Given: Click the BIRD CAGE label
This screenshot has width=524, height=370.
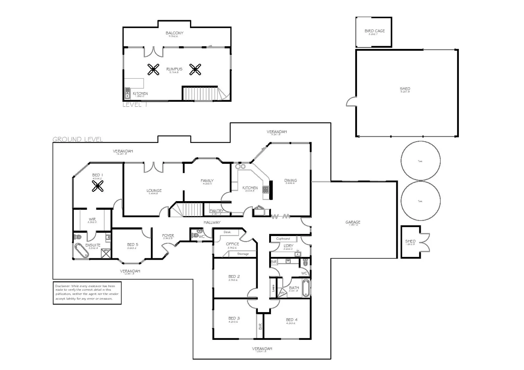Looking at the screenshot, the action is (374, 31).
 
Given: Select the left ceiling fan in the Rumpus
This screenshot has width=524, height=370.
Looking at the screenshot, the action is (153, 70).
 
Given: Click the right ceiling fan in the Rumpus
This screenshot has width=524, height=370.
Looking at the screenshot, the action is (195, 70).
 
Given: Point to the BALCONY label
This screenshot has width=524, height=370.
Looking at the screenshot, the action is (175, 33).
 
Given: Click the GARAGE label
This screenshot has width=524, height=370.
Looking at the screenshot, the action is (353, 222).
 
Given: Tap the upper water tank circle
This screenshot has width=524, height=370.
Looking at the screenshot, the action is (420, 161).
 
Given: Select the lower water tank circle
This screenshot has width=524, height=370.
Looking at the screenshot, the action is (420, 201).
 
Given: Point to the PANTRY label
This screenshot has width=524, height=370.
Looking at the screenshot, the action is (216, 211).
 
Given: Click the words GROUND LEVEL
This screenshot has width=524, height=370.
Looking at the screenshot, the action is (78, 139).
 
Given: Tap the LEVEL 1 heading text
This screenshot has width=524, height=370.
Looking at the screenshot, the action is (135, 105).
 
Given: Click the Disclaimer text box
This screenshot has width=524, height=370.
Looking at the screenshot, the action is (87, 293).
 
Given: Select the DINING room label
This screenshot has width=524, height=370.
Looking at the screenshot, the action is (290, 181).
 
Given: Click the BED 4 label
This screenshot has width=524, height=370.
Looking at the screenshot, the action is (292, 320).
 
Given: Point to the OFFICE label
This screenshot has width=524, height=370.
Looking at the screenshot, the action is (233, 244).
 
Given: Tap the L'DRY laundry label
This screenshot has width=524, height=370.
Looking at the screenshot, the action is (288, 246).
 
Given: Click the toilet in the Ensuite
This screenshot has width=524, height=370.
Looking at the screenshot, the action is (78, 237).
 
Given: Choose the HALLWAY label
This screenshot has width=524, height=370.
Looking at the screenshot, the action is (212, 222).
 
